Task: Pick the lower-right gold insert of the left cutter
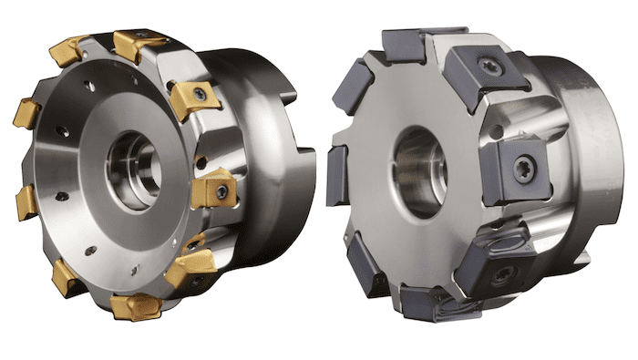click(190, 264)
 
